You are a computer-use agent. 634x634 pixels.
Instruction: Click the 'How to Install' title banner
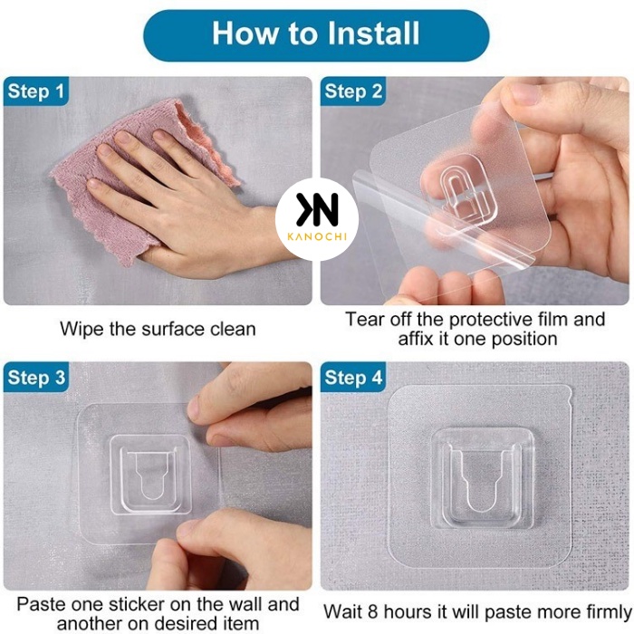point(316,35)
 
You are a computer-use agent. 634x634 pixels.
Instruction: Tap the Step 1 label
point(36,91)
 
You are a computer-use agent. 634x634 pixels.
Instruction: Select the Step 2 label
point(353,91)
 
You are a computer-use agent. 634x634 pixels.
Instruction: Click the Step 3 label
point(36,378)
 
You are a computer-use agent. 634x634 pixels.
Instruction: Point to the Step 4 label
point(353,378)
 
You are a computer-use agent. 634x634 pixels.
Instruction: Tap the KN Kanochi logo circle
point(317,219)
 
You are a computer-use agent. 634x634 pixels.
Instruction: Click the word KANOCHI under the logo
point(317,236)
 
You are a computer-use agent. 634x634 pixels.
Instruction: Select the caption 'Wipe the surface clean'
point(158,329)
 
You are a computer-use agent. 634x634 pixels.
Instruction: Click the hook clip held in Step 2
point(468,189)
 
